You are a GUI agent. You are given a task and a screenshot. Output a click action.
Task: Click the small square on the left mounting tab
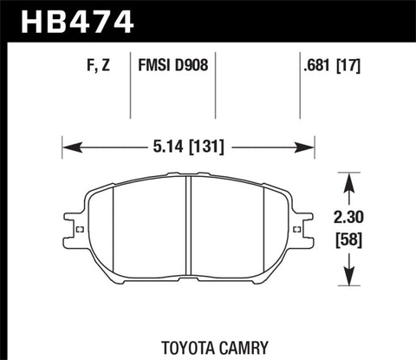80,230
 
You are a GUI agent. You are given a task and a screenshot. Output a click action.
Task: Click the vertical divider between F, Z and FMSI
130,87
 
